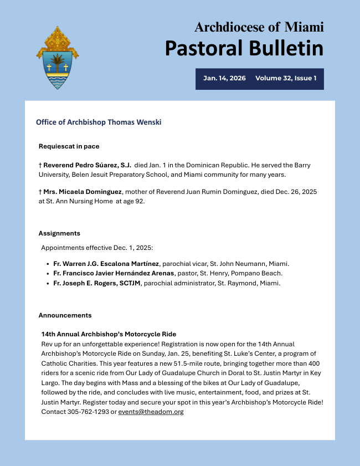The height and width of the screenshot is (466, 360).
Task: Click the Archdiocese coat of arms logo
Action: click(57, 58)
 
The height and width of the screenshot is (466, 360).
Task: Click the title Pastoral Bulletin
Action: click(244, 48)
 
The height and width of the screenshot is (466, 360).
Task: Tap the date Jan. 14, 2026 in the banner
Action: click(224, 79)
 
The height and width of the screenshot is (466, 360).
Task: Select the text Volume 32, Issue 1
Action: click(286, 79)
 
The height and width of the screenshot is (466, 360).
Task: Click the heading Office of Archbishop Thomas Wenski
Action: click(99, 122)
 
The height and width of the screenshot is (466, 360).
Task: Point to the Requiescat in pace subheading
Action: click(69, 146)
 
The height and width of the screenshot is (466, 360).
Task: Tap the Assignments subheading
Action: click(59, 233)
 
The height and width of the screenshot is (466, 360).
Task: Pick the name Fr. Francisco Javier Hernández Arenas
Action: click(114, 273)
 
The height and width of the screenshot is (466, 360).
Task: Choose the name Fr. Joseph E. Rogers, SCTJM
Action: click(97, 283)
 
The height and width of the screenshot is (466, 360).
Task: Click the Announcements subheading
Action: click(65, 315)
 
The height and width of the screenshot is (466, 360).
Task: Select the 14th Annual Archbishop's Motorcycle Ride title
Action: click(109, 334)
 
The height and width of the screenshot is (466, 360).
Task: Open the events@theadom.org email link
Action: click(151, 412)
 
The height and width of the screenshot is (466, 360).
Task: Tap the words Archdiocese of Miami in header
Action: click(259, 27)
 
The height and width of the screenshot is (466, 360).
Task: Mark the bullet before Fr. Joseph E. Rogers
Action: click(47, 283)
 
